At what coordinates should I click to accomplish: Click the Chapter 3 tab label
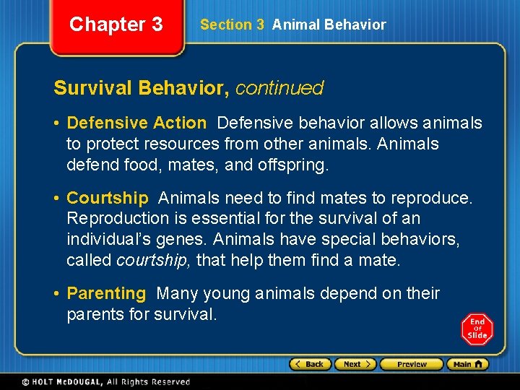[x=116, y=25]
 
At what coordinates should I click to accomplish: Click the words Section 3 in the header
[x=232, y=25]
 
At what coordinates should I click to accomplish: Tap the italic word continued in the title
[x=279, y=88]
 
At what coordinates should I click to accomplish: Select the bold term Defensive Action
[x=136, y=123]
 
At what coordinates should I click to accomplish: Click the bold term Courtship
[x=107, y=198]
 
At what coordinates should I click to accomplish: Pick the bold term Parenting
[x=106, y=293]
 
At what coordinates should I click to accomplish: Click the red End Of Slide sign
[x=477, y=329]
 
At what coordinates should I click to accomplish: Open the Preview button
[x=411, y=365]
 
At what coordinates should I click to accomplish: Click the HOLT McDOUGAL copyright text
[x=105, y=382]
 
